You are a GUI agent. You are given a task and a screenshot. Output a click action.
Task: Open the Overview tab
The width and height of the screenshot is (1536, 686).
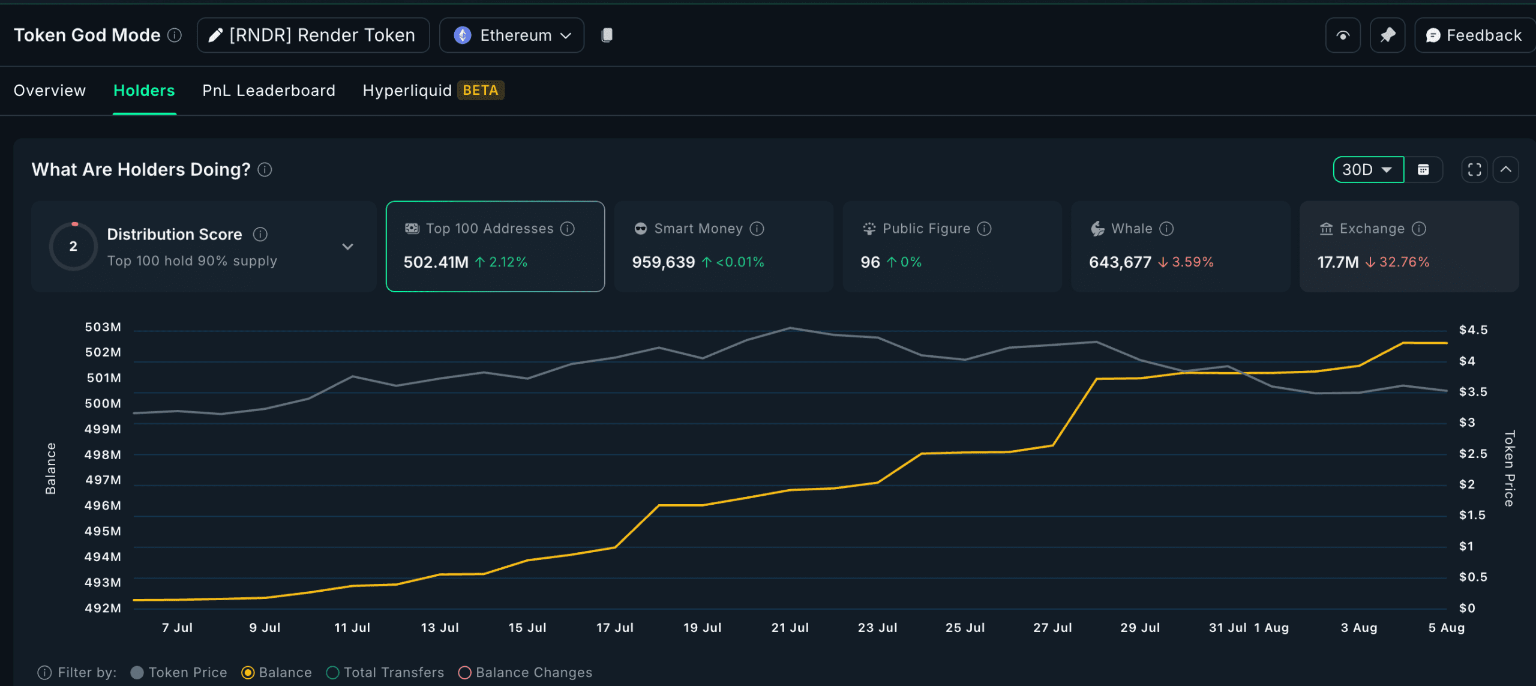[x=50, y=91]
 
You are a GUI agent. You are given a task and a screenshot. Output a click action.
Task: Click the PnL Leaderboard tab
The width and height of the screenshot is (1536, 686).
[x=269, y=91]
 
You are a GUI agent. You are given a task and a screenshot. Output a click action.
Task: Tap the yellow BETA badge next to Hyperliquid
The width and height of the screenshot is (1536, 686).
[x=480, y=91]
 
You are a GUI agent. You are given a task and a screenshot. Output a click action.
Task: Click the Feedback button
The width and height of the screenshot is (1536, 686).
[x=1474, y=35]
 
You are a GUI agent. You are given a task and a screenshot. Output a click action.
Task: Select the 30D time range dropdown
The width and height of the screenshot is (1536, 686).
[x=1367, y=170]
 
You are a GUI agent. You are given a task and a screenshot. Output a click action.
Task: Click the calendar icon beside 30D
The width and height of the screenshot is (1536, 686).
[x=1423, y=170]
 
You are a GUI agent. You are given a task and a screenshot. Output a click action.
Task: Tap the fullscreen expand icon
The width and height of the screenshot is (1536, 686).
[x=1474, y=170]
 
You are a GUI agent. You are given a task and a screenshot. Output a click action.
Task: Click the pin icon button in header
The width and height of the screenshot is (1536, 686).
[x=1387, y=35]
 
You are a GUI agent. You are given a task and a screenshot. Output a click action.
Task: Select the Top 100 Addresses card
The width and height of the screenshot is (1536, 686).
[x=495, y=246]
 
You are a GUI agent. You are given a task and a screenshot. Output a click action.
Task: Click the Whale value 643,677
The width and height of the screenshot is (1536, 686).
[x=1120, y=262]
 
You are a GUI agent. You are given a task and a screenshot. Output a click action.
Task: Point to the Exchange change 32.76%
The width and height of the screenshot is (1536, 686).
[x=1404, y=262]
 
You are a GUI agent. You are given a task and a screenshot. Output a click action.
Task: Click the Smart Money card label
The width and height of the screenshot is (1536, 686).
[x=698, y=229]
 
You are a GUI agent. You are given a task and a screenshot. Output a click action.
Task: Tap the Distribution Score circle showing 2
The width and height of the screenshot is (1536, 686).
[x=73, y=246]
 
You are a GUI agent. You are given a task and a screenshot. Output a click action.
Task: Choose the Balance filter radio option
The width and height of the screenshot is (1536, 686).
[x=248, y=673]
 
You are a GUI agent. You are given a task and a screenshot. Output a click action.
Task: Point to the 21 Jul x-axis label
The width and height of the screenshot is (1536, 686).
[x=790, y=628]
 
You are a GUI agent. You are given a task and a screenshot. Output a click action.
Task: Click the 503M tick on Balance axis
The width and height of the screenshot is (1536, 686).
[x=103, y=327]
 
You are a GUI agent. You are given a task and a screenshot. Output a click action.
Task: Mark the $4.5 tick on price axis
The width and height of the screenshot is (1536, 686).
[x=1473, y=330]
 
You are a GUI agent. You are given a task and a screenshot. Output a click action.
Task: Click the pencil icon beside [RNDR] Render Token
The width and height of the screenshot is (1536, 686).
[x=215, y=35]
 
